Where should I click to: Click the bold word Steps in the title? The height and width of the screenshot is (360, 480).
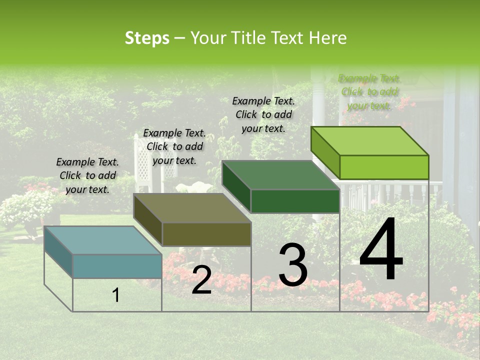(147, 38)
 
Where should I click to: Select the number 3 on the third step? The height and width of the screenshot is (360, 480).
(292, 265)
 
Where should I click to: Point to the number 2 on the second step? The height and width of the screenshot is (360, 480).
(201, 280)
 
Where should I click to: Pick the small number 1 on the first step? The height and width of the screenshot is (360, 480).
(116, 295)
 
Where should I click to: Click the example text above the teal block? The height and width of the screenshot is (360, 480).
(87, 175)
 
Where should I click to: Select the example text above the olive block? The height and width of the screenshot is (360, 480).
(174, 146)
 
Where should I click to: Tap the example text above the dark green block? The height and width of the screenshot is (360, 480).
(263, 114)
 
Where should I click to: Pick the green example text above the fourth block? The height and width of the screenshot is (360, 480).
(369, 92)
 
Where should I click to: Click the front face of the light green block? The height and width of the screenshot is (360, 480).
(384, 167)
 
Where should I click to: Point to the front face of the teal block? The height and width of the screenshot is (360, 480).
(117, 266)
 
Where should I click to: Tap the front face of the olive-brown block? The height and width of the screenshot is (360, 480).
(206, 234)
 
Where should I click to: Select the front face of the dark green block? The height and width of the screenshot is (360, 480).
(295, 201)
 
